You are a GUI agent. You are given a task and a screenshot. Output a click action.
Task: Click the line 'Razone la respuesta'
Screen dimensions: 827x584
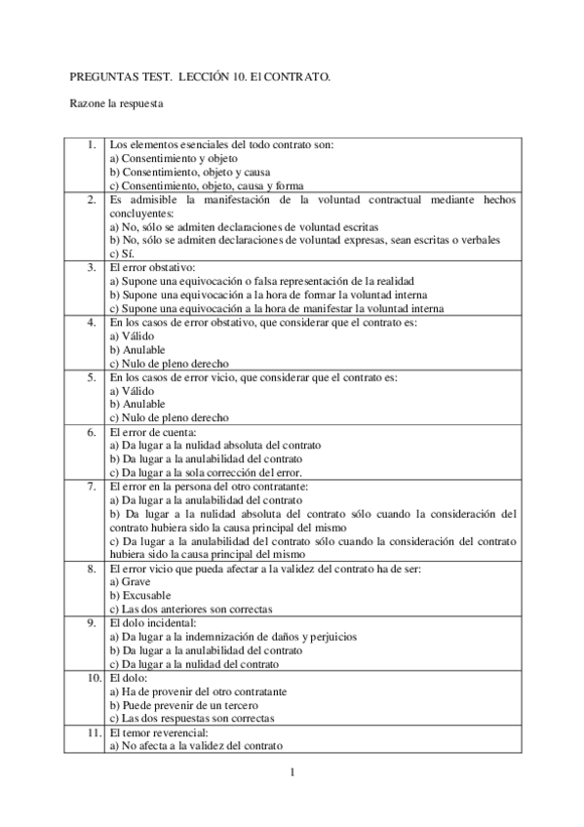click(116, 100)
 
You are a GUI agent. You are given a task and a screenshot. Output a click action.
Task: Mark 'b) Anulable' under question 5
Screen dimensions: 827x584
click(137, 404)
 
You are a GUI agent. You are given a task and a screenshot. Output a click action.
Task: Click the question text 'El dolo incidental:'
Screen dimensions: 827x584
click(154, 622)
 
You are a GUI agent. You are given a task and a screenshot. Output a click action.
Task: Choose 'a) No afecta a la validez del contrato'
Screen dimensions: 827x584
click(195, 745)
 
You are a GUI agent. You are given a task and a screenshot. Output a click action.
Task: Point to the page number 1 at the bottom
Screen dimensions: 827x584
click(292, 773)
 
